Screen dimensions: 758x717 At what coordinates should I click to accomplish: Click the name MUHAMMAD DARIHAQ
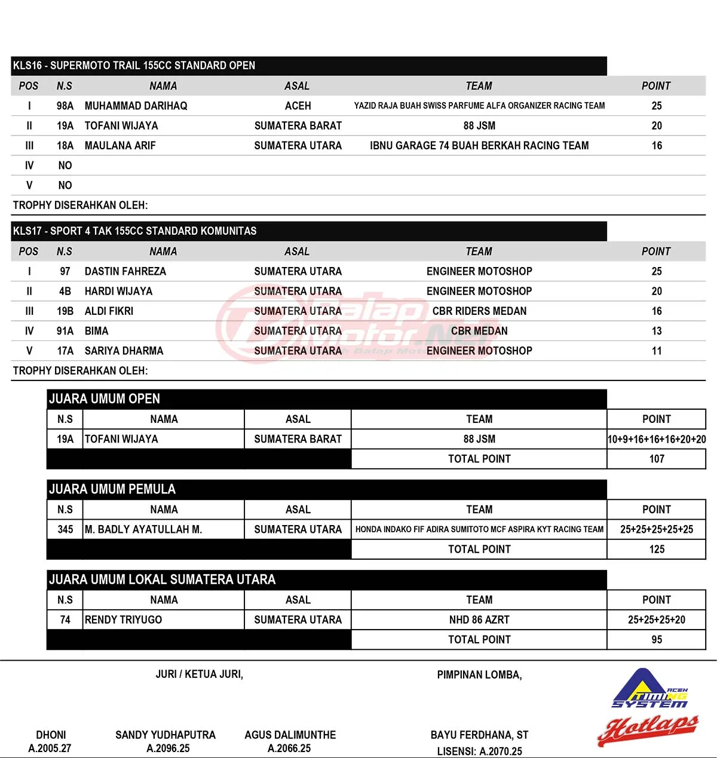136,106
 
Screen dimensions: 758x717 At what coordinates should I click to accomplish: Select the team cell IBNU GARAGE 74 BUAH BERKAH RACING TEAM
479,146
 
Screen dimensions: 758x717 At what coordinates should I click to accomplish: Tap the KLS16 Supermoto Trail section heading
134,66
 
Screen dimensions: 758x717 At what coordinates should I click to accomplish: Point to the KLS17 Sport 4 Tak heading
135,231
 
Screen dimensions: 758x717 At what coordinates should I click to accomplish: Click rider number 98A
65,106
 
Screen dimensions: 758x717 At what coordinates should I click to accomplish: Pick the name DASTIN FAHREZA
125,271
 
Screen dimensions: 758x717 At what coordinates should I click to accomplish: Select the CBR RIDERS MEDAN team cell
479,311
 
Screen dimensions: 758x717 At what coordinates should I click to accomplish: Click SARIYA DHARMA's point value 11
657,351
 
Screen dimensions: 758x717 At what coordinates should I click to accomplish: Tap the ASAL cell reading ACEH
298,106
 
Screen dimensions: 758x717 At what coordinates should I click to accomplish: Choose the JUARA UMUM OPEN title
105,399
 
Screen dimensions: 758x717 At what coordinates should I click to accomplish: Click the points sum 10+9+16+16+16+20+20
657,439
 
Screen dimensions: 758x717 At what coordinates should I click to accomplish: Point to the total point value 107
657,459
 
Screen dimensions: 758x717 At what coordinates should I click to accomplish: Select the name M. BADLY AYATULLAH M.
143,529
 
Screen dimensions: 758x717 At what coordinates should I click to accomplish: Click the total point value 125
657,550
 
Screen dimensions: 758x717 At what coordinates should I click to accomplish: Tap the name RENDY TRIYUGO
124,620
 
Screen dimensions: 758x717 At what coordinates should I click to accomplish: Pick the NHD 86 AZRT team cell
479,620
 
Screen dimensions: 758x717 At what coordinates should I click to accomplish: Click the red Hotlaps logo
648,729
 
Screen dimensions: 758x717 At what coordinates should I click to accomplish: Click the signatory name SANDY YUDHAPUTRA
166,735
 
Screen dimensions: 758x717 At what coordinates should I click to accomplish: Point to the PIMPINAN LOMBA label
479,675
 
